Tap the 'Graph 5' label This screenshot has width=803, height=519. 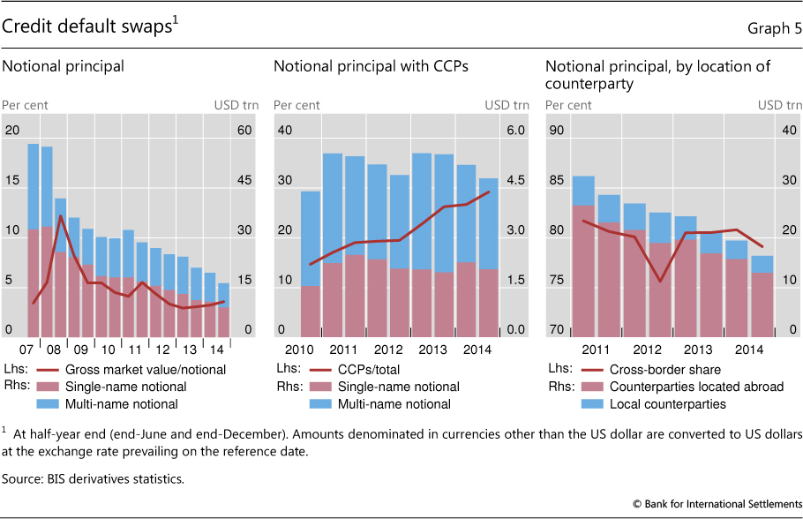click(773, 27)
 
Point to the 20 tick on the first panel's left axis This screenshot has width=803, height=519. click(11, 131)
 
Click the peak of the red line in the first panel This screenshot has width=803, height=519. click(60, 215)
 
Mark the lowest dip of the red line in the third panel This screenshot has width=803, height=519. click(661, 282)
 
